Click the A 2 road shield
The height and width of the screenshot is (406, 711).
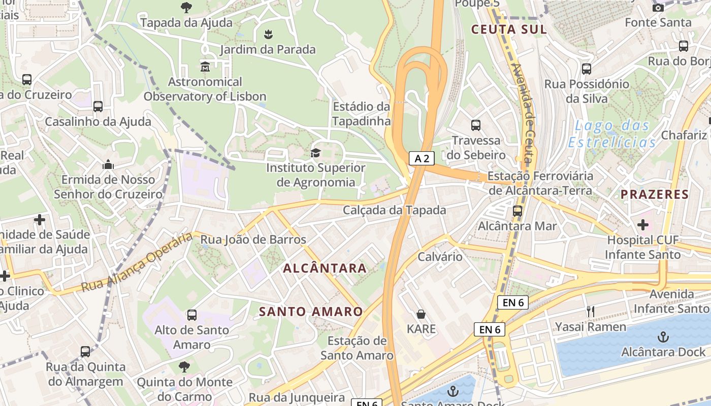click(x=422, y=158)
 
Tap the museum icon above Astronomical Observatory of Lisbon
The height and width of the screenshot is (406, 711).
click(x=205, y=66)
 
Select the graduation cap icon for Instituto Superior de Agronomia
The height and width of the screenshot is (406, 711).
click(x=315, y=153)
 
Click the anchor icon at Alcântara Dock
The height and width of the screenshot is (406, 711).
click(x=663, y=336)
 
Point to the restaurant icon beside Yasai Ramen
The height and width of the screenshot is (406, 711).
click(x=591, y=312)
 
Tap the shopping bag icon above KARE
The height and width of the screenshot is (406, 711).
click(x=421, y=314)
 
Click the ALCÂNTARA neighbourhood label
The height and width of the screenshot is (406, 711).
click(x=325, y=268)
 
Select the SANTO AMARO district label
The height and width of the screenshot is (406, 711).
click(x=311, y=312)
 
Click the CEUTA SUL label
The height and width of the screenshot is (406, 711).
click(x=509, y=29)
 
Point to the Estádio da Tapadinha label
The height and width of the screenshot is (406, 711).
click(x=362, y=114)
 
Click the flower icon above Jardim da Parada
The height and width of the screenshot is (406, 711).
click(x=268, y=35)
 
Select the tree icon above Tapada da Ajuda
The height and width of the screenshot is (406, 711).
click(x=186, y=8)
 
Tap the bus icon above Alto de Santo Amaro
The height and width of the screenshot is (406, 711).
click(x=192, y=315)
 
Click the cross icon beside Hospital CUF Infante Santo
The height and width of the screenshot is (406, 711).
click(x=643, y=224)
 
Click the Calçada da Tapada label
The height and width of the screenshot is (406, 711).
click(x=395, y=210)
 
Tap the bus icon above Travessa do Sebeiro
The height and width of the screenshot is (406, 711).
click(x=476, y=125)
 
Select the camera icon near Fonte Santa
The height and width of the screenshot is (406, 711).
click(x=658, y=8)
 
